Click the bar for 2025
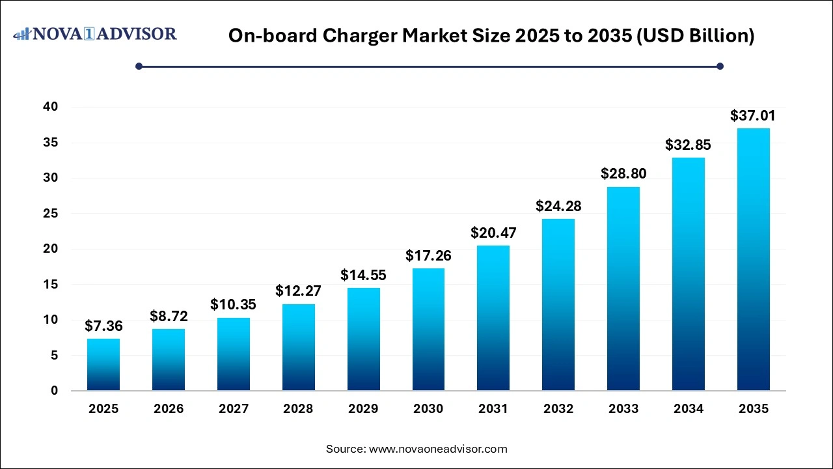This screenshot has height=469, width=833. pyautogui.click(x=103, y=365)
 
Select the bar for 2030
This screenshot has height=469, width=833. pyautogui.click(x=428, y=330)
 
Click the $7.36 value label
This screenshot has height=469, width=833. pyautogui.click(x=103, y=326)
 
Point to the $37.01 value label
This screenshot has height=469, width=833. pyautogui.click(x=753, y=116)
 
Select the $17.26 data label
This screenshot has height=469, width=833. pyautogui.click(x=428, y=256)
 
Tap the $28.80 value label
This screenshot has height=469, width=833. pyautogui.click(x=623, y=174)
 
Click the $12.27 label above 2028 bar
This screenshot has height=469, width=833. pyautogui.click(x=298, y=291)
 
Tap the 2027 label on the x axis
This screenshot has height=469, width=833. pyautogui.click(x=234, y=409)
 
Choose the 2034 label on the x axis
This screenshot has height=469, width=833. pyautogui.click(x=688, y=409)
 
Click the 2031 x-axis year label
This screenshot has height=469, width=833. pyautogui.click(x=493, y=409)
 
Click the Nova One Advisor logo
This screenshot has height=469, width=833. pyautogui.click(x=95, y=34)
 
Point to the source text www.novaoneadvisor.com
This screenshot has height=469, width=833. pyautogui.click(x=438, y=449)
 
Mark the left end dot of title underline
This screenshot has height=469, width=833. pyautogui.click(x=139, y=66)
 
